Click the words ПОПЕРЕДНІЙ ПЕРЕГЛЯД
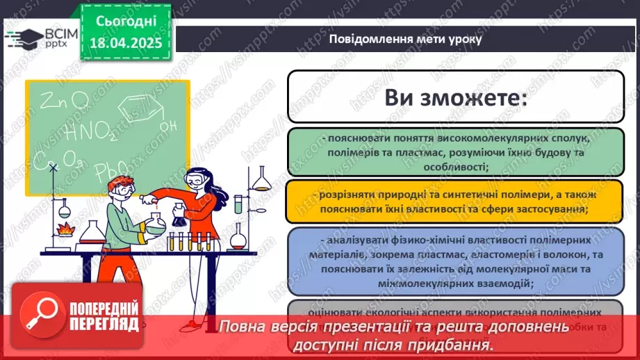(102, 315)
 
